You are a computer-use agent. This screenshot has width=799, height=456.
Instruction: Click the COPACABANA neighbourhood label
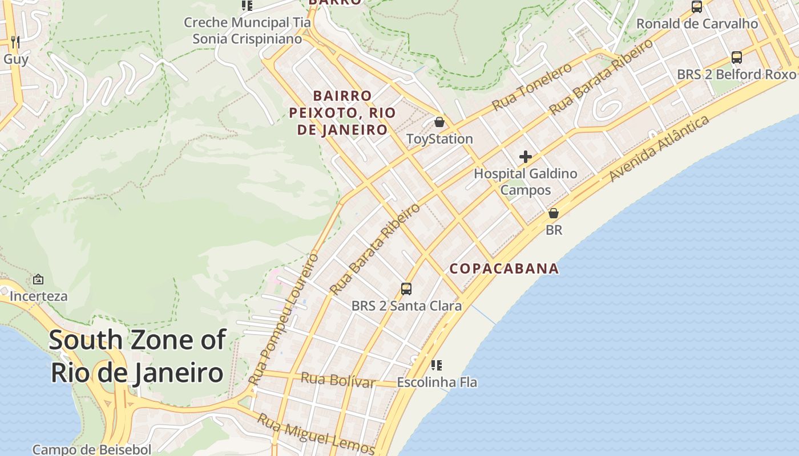[504, 268]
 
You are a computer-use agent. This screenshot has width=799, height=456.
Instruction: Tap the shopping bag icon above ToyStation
[439, 122]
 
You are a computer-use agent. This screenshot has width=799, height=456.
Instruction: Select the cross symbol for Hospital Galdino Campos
[526, 157]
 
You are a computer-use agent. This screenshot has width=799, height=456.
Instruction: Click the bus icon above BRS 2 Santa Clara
[406, 289]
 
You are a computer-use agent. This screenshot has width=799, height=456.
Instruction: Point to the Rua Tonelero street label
[532, 87]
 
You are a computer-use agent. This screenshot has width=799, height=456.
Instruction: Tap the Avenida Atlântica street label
[659, 148]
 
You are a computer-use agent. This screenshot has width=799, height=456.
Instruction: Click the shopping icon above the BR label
[553, 214]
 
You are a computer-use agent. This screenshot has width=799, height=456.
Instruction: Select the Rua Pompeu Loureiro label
[284, 319]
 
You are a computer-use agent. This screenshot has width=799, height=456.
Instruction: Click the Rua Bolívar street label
[337, 380]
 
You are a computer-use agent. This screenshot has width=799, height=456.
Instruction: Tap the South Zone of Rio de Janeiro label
[137, 356]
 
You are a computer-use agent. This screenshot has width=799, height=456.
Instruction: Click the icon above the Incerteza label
[38, 279]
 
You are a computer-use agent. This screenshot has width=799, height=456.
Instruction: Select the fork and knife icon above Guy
[15, 42]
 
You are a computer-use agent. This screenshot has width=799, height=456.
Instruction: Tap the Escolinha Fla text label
[437, 382]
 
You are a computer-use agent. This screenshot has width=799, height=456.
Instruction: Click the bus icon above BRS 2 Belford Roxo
[737, 58]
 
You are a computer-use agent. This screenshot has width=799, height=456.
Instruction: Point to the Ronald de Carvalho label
[697, 24]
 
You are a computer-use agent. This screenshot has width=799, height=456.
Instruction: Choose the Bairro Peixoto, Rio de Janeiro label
[342, 113]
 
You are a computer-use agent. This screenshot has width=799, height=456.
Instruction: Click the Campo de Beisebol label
[92, 449]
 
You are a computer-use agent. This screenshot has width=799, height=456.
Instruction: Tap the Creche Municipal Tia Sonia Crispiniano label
[247, 31]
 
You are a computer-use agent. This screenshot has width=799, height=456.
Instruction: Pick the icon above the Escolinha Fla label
[437, 365]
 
